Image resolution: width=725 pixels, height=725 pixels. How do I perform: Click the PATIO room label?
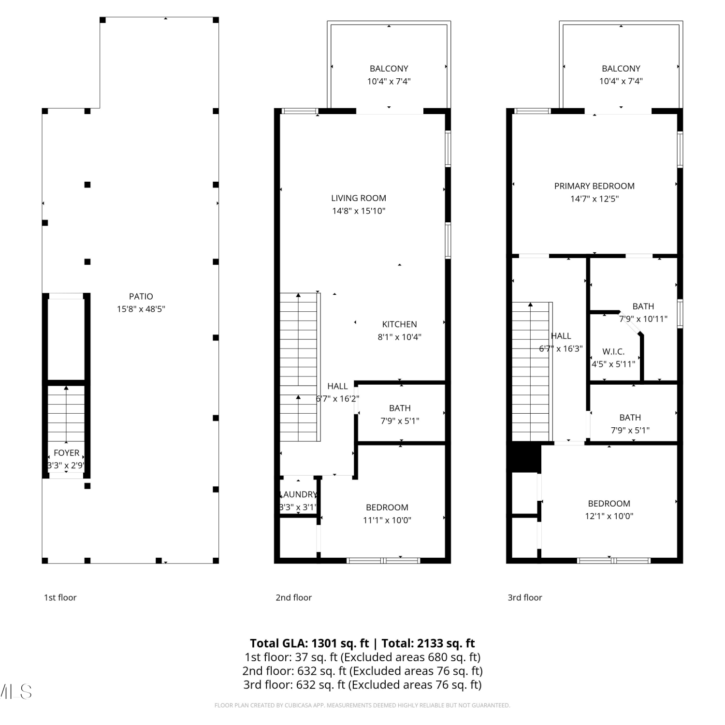pos(141,296)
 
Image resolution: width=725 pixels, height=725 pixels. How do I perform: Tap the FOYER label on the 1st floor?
pos(67,453)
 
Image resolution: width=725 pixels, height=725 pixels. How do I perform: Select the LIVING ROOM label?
pos(359,198)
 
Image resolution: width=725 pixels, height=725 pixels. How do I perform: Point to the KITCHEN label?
pos(399,324)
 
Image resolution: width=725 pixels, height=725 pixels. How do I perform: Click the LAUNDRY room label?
pos(298,494)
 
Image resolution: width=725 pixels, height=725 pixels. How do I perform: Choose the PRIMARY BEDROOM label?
pos(594,186)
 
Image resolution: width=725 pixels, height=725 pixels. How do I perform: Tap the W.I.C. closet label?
pos(613,352)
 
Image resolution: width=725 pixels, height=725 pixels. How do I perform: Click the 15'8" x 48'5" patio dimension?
pos(141,309)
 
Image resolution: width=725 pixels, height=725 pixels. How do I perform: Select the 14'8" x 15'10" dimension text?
pos(359,211)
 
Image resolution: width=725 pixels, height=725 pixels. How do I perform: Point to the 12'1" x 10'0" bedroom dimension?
pos(609,516)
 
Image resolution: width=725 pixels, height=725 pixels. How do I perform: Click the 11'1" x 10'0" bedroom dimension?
pos(387,520)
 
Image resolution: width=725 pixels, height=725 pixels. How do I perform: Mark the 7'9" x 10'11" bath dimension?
pos(643,319)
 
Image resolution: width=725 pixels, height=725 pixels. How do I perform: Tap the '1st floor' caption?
pos(60,597)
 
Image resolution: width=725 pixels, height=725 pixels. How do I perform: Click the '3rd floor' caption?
pos(525,597)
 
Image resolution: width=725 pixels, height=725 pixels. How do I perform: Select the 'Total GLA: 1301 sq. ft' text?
pos(309,643)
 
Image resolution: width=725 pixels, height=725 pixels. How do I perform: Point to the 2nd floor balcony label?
pos(389,69)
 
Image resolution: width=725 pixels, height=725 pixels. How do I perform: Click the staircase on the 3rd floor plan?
pos(531,372)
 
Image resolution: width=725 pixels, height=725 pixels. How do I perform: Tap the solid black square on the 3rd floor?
pos(524,457)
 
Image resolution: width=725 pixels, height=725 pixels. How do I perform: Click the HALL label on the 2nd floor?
pos(337,386)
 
